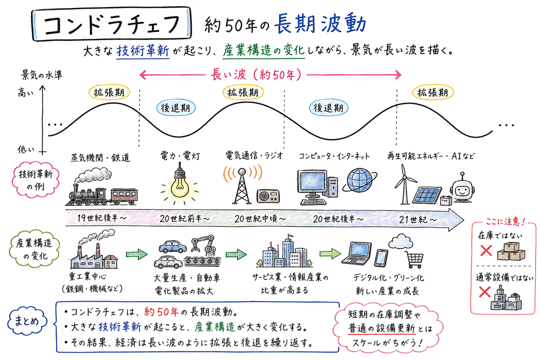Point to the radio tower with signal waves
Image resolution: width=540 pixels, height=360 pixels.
[241, 184]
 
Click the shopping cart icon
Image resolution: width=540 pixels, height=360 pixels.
[414, 260]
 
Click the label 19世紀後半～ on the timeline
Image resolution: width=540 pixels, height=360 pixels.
[98, 219]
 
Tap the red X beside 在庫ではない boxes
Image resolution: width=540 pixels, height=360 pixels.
[485, 250]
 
